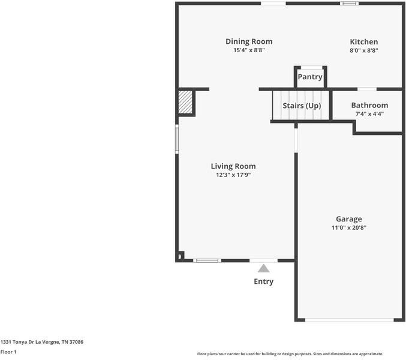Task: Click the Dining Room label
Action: click(249, 41)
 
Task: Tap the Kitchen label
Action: click(364, 41)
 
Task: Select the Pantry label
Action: click(310, 77)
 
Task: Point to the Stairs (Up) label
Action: click(302, 106)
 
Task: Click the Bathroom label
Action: click(369, 105)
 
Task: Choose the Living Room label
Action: click(233, 166)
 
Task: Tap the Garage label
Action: click(349, 219)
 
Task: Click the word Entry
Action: click(264, 281)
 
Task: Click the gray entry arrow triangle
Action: click(264, 268)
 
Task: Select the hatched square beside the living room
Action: click(185, 102)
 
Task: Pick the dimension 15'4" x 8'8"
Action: click(249, 50)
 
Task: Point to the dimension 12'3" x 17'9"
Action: click(233, 175)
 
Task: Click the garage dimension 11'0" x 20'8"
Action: click(349, 227)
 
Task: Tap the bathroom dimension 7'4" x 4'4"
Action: click(369, 113)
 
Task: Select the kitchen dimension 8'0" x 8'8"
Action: click(364, 50)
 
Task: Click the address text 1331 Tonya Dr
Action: click(17, 342)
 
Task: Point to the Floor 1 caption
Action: click(8, 352)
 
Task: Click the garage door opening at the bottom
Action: click(350, 320)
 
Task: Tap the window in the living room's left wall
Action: click(177, 139)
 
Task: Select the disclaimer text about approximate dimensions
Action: click(290, 354)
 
